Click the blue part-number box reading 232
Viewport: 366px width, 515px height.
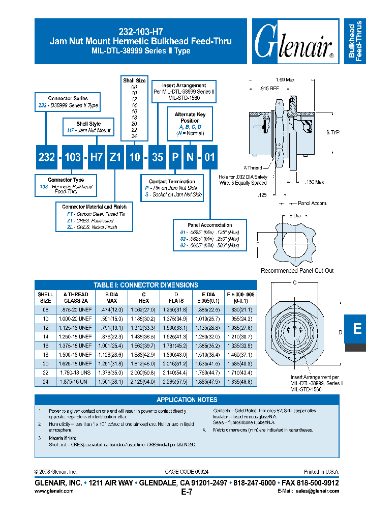46,157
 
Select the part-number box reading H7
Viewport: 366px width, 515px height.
97,157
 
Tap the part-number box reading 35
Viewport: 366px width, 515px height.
158,157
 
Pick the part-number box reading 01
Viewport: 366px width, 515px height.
209,157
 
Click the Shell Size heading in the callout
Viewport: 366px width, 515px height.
134,80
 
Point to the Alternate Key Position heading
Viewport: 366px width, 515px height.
191,118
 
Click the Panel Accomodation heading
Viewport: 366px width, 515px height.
209,225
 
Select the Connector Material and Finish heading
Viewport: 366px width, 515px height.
94,207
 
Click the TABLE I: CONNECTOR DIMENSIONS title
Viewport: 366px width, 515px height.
146,285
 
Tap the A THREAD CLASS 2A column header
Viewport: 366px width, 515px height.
76,298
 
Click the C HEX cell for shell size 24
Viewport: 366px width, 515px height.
144,381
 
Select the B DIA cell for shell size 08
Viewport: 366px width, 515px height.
111,310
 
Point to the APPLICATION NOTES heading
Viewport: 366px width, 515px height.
187,400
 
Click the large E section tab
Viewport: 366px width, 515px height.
357,329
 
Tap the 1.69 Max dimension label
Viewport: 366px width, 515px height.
285,80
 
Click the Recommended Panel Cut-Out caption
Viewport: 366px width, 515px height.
297,271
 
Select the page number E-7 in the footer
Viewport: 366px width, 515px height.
187,492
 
